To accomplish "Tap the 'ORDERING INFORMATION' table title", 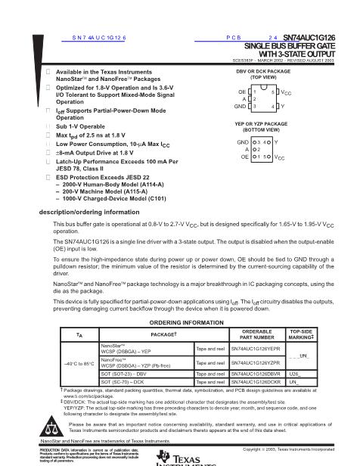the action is click(x=180, y=322).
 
